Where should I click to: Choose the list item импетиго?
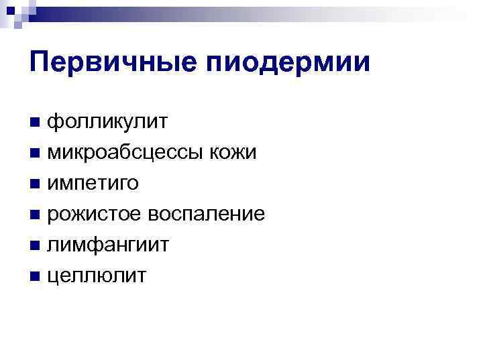pos(93,184)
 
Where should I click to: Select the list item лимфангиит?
pos(107,245)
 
